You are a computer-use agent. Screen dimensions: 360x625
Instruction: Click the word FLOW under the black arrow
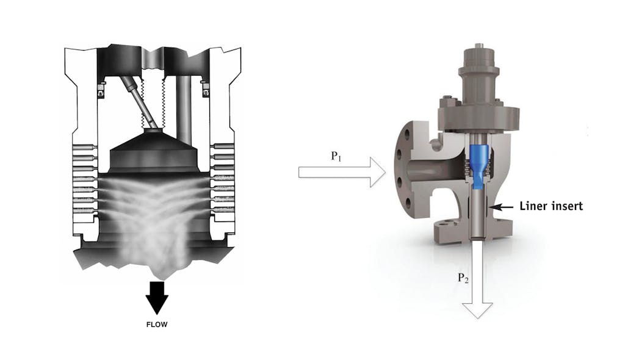click(156, 325)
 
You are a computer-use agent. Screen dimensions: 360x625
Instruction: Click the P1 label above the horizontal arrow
click(337, 156)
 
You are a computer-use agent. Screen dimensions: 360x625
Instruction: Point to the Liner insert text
click(551, 206)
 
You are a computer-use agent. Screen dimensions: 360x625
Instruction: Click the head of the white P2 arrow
click(478, 310)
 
